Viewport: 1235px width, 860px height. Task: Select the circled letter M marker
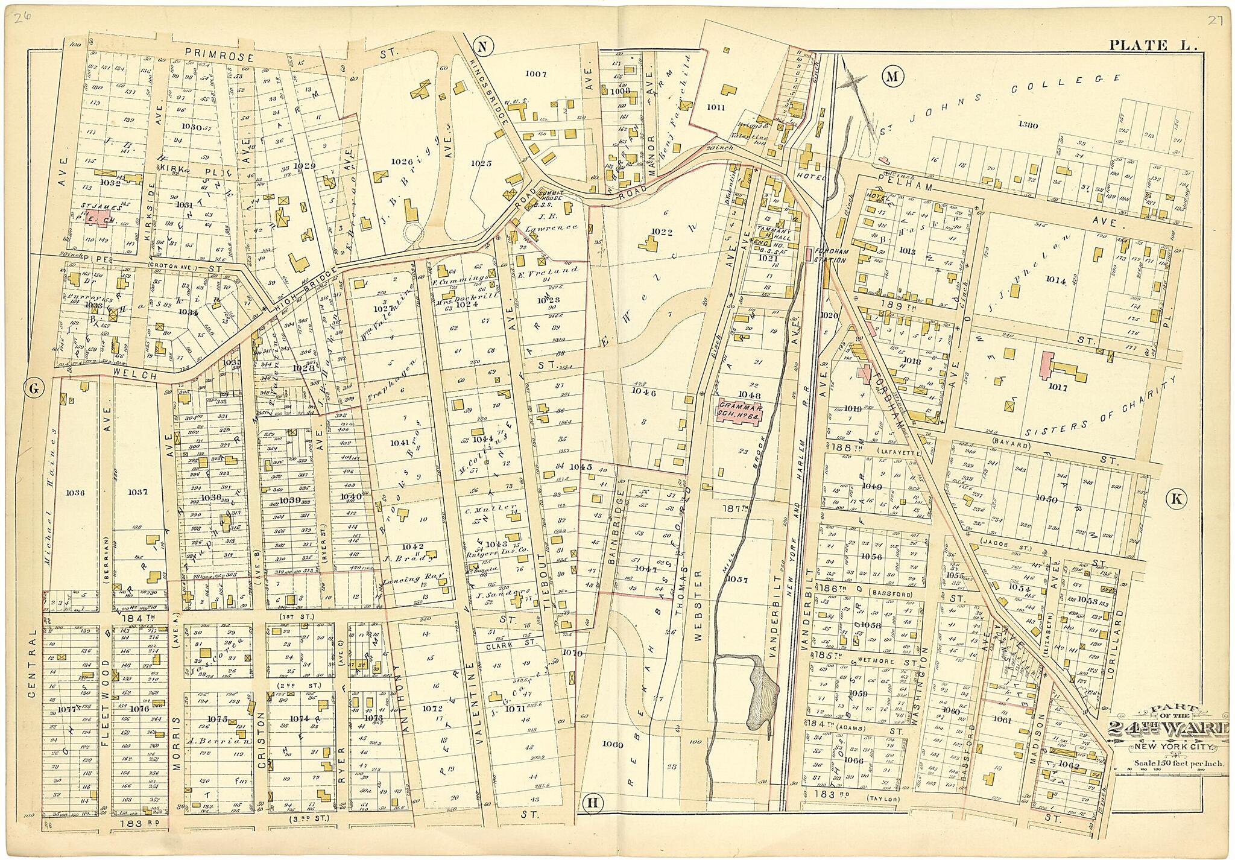coord(891,76)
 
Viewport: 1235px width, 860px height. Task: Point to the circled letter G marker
coord(33,389)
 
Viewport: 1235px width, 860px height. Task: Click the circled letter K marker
coord(1176,498)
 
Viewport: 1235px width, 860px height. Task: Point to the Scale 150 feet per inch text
coord(1169,763)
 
